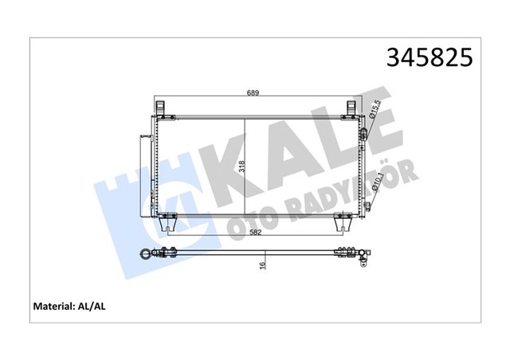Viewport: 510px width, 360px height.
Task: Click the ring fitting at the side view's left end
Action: coord(146,256)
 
